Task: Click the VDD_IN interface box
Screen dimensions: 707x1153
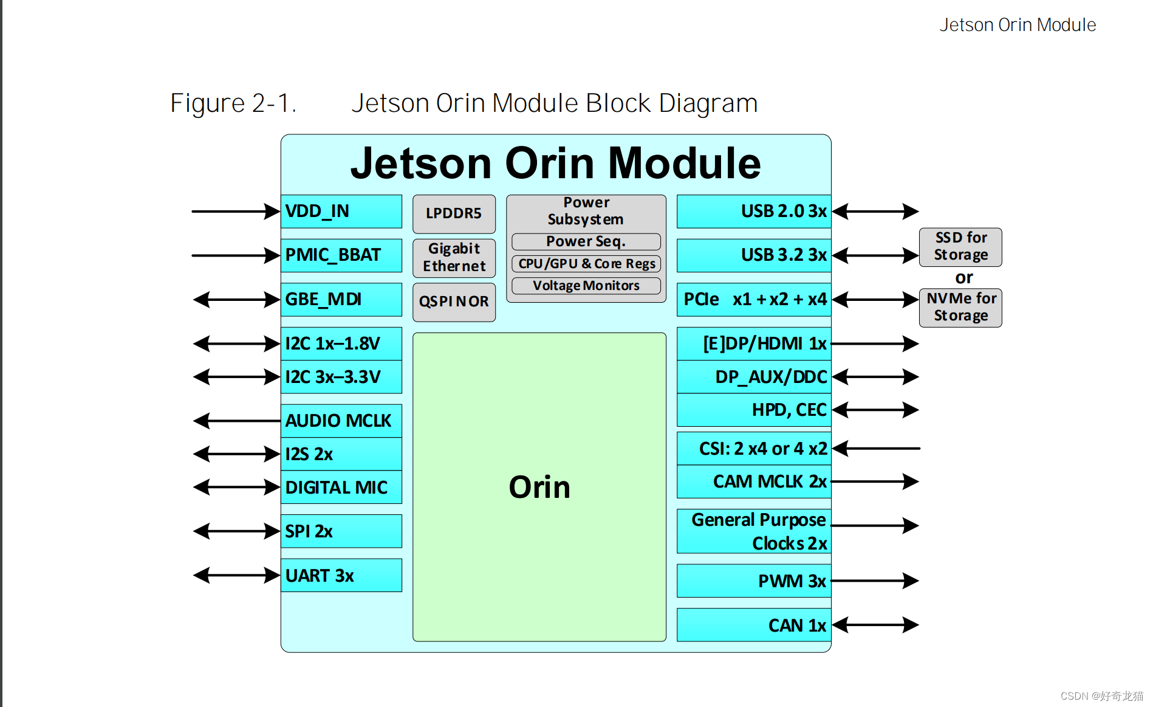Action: pos(341,212)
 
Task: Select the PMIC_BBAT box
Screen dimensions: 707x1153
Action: pos(341,255)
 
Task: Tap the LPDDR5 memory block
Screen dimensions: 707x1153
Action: pos(454,214)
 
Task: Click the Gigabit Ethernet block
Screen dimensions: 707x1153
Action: pos(454,258)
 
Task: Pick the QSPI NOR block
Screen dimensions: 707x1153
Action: pos(454,302)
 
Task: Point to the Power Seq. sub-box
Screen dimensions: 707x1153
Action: pos(586,241)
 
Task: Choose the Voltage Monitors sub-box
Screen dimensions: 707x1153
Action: pos(586,286)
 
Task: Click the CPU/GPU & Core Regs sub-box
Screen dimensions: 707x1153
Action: pos(586,264)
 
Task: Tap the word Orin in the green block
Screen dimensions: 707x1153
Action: pos(539,488)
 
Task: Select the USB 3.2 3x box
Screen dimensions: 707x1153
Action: pos(753,255)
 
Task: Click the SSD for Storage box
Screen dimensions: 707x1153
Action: pos(960,247)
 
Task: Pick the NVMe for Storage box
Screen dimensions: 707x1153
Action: pos(960,308)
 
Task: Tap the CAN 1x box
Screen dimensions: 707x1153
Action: pos(753,625)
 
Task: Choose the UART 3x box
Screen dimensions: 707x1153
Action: pos(341,575)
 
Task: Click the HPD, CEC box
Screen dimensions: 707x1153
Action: pos(753,410)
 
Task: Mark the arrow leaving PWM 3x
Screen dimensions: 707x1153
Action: pos(875,581)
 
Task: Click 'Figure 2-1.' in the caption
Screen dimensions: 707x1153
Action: pos(233,103)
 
